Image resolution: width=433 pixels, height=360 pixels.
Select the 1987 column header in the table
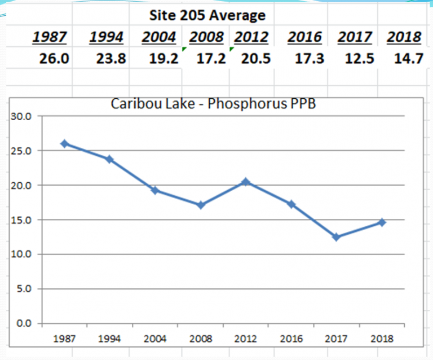click(50, 37)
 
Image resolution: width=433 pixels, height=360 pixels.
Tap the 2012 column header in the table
click(251, 37)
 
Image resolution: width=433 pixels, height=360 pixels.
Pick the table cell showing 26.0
click(54, 59)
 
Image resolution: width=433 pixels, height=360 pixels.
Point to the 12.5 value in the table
click(360, 59)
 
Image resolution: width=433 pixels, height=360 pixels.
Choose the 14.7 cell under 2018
click(408, 59)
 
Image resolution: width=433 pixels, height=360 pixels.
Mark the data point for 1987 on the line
click(65, 144)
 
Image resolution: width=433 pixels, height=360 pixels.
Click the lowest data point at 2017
click(337, 237)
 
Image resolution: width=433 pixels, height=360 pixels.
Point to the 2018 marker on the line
click(382, 222)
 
